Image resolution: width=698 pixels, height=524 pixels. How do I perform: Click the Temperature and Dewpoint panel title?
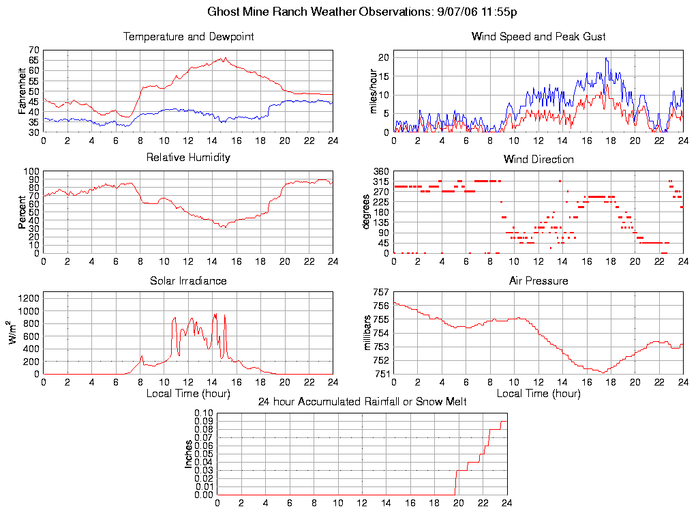click(188, 37)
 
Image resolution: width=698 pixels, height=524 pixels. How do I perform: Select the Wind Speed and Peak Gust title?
click(538, 37)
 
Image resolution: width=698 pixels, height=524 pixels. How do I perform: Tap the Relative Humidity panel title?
click(188, 158)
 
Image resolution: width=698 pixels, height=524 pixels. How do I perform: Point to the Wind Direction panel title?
click(538, 160)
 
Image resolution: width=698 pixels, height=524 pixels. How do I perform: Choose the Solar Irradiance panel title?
click(188, 281)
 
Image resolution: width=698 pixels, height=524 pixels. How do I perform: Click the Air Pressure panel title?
click(538, 281)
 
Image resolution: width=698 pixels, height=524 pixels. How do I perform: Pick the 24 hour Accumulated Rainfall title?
click(362, 402)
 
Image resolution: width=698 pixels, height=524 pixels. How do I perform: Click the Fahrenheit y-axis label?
click(22, 91)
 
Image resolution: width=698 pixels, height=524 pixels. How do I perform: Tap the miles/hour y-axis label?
click(373, 91)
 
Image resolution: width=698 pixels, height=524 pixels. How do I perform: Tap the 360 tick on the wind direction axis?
click(380, 171)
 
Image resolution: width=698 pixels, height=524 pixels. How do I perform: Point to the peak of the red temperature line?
click(224, 58)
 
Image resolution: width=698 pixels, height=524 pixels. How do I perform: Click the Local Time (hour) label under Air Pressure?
click(538, 393)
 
